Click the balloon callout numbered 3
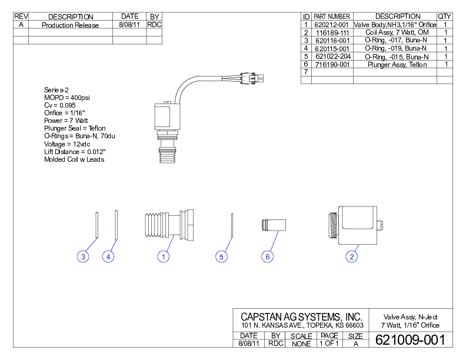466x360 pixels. coord(84,256)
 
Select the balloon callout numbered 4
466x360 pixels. coord(108,256)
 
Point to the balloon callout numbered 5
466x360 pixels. coord(221,256)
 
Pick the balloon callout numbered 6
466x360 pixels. coord(268,256)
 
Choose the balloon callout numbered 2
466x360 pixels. coord(352,256)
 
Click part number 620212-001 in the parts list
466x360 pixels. coord(332,25)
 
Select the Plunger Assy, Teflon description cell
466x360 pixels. coord(397,64)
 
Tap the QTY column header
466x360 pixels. coord(445,16)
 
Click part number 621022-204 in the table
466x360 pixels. coord(332,56)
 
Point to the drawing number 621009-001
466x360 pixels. coord(410,340)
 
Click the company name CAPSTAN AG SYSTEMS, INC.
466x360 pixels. coord(301,317)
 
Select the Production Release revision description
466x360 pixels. coord(70,25)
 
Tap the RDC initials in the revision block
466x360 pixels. coord(154,25)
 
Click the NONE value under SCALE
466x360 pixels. coord(301,344)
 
